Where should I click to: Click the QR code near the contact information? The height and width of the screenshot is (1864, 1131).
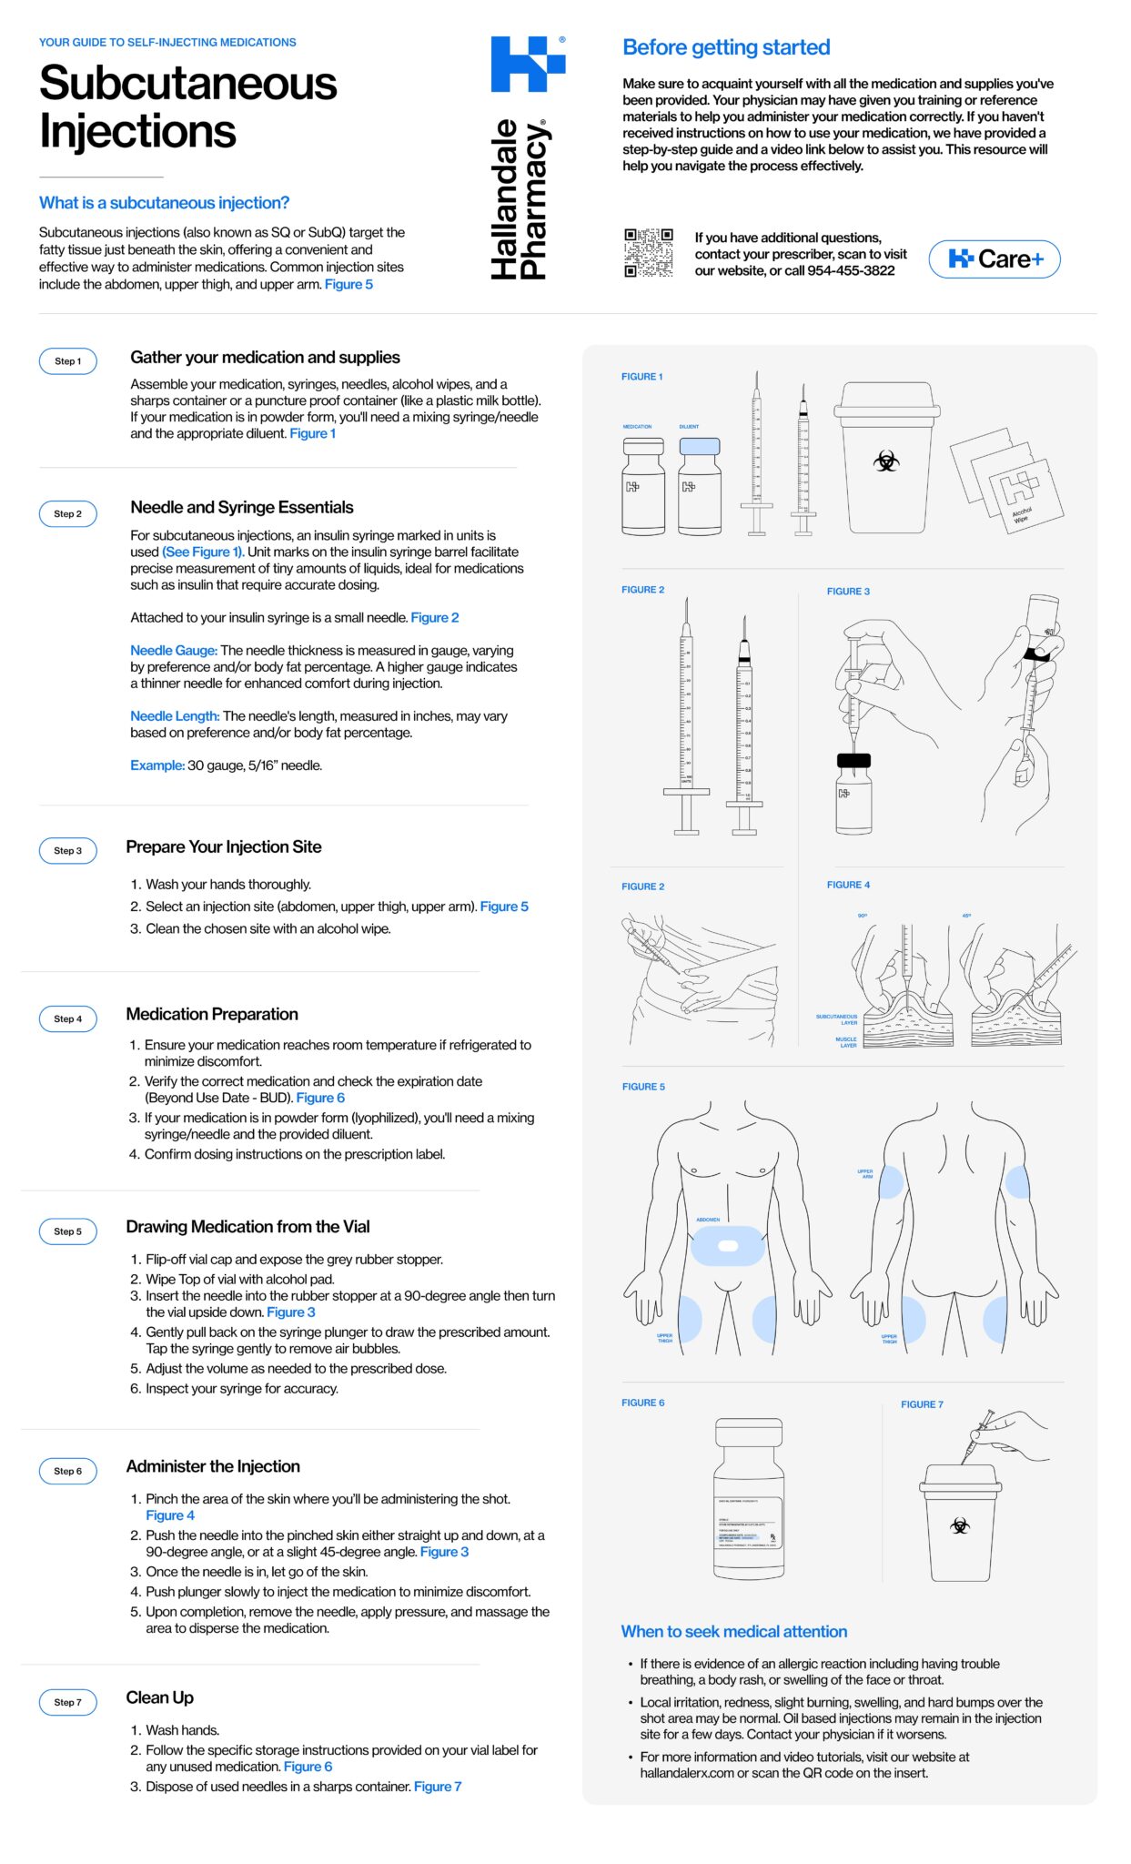648,253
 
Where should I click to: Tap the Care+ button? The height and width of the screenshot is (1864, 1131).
994,259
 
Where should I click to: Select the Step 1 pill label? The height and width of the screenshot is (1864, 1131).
68,361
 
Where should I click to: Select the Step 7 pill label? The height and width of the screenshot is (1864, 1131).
68,1702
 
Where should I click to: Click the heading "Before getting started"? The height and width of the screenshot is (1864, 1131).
726,47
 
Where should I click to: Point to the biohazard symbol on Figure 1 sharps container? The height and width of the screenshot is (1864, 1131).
885,461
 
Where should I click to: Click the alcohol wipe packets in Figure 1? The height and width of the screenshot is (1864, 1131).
1008,482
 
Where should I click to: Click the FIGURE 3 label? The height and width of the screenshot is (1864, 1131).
848,592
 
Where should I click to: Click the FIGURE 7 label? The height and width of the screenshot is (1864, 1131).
922,1404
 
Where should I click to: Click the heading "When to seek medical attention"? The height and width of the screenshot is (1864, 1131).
733,1632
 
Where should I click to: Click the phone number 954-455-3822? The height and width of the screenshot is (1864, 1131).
851,271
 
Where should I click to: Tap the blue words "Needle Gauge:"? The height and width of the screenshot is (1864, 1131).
173,651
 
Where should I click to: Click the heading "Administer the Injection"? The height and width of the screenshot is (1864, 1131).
213,1466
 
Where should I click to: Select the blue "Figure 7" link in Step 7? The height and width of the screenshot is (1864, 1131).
437,1787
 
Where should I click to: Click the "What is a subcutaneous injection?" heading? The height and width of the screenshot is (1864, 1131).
164,203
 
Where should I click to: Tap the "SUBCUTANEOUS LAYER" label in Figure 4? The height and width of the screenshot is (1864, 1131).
837,1019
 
